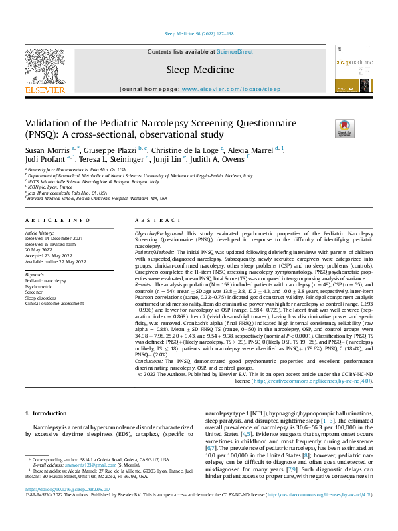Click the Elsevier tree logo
click(45, 66)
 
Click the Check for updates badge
click(343, 129)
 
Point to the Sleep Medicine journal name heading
click(200, 70)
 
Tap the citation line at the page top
click(199, 33)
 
